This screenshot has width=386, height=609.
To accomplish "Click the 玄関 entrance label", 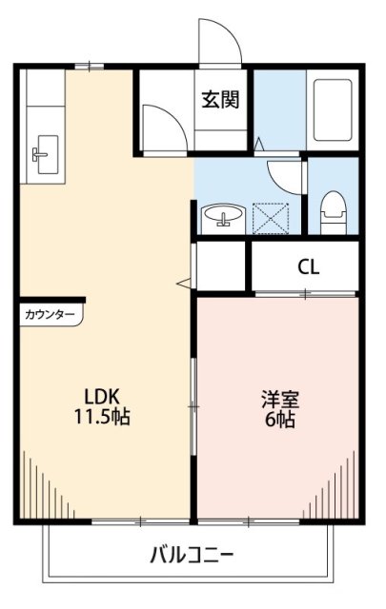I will pyautogui.click(x=219, y=97).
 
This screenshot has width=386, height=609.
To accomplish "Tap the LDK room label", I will pyautogui.click(x=100, y=396).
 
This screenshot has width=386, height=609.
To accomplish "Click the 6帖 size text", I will pyautogui.click(x=278, y=420).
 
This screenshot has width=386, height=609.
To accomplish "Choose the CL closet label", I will pyautogui.click(x=308, y=266).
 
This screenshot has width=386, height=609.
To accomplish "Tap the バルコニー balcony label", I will pyautogui.click(x=192, y=554).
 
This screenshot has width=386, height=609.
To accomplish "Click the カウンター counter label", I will pyautogui.click(x=50, y=312).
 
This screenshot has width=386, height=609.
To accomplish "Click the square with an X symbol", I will pyautogui.click(x=274, y=217).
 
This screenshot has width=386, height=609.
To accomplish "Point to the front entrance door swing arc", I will pyautogui.click(x=217, y=40).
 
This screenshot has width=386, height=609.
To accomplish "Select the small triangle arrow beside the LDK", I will pyautogui.click(x=182, y=282).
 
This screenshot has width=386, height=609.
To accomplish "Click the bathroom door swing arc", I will pyautogui.click(x=284, y=174).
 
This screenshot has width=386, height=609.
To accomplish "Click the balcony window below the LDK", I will pyautogui.click(x=140, y=521).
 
